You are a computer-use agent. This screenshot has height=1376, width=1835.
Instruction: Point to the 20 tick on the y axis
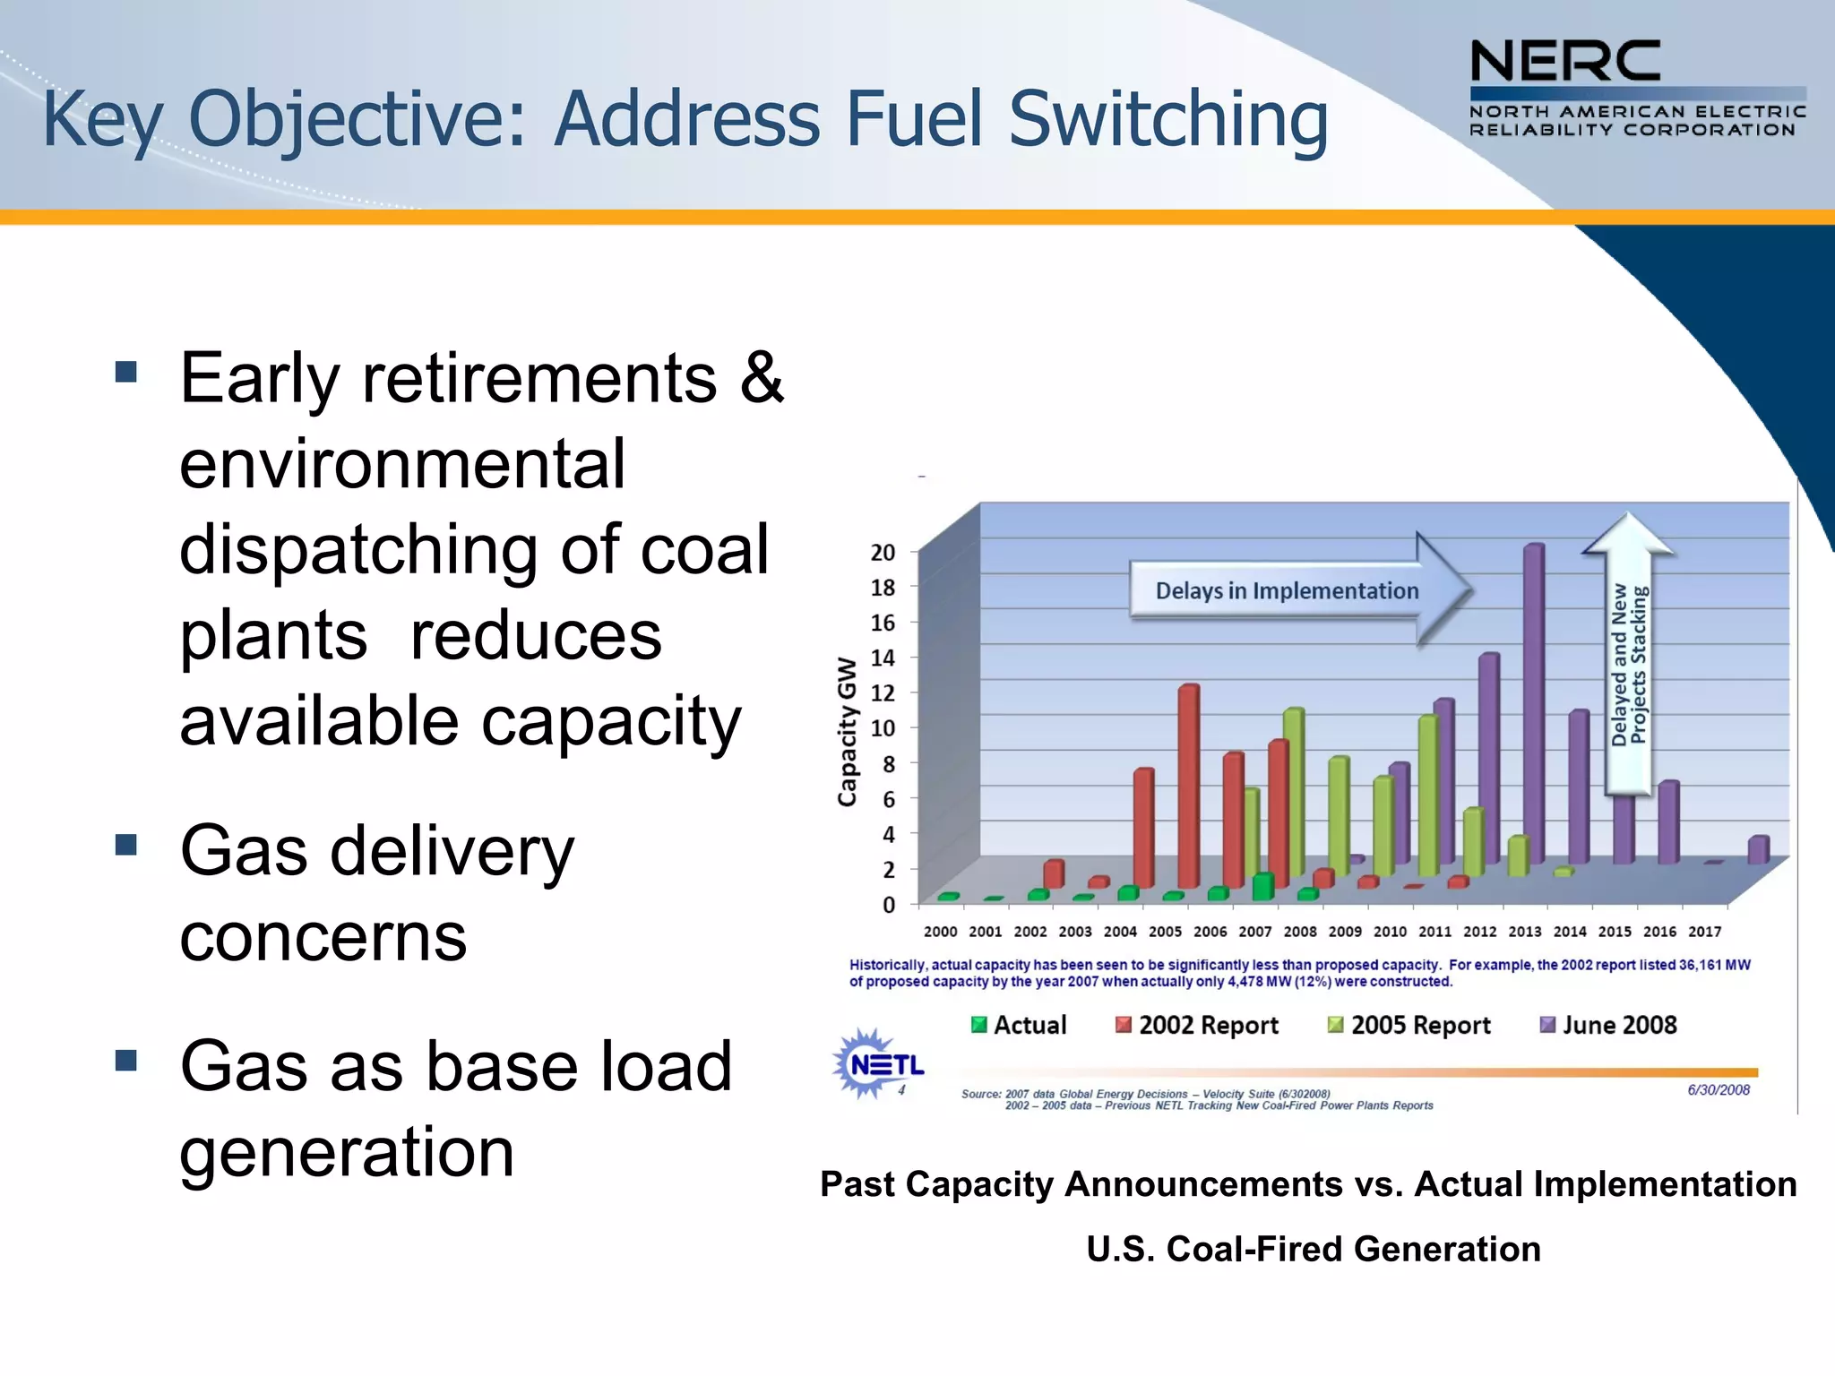click(x=883, y=553)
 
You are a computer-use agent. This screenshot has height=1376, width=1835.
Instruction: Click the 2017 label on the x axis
click(x=1704, y=932)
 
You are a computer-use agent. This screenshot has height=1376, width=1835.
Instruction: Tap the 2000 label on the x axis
click(x=940, y=932)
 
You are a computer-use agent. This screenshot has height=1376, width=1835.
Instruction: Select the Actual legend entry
click(x=1020, y=1025)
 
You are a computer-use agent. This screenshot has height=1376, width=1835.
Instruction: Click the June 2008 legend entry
click(x=1608, y=1025)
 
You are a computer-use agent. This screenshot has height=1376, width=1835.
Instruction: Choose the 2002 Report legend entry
click(x=1197, y=1025)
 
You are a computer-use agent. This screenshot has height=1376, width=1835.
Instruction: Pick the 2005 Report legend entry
click(x=1409, y=1025)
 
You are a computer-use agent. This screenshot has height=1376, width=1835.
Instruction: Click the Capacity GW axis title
click(x=847, y=731)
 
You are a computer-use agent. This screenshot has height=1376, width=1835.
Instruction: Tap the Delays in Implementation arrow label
click(x=1287, y=590)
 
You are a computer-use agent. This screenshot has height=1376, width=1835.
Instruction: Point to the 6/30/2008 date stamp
click(x=1719, y=1089)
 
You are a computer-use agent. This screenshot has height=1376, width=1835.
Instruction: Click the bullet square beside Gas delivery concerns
click(x=126, y=844)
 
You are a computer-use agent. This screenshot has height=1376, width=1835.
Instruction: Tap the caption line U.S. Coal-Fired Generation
click(x=1314, y=1249)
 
